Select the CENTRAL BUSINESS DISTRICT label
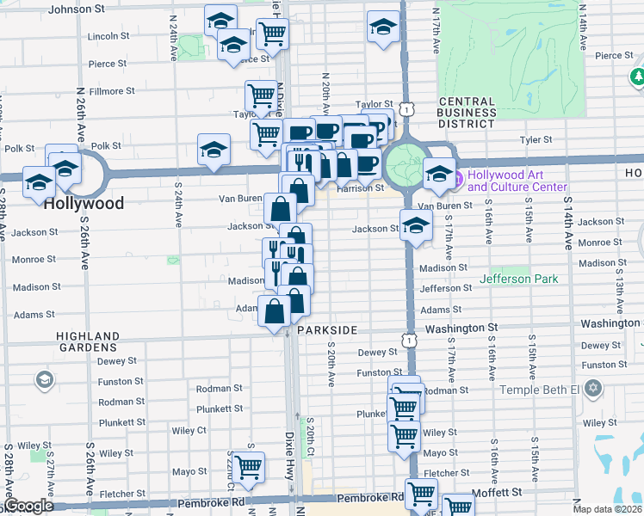click(x=467, y=113)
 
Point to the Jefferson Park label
click(x=518, y=279)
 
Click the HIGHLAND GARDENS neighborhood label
click(x=88, y=341)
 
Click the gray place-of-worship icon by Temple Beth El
click(x=591, y=389)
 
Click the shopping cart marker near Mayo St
click(x=248, y=467)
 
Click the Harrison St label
click(x=361, y=187)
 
